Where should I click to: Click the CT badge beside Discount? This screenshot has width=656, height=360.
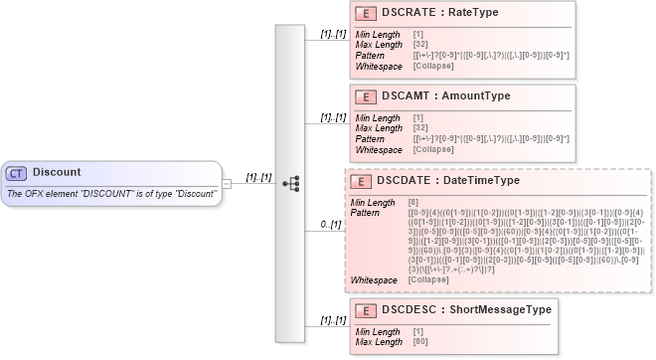(16, 173)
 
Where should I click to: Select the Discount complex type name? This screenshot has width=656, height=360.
(56, 173)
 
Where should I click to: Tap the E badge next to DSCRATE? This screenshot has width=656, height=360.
(365, 13)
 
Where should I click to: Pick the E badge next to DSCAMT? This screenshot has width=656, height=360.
(365, 95)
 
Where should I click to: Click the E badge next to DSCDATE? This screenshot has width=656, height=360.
(359, 181)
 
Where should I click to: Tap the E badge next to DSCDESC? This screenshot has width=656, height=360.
(365, 309)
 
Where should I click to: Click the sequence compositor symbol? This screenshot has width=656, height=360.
(290, 183)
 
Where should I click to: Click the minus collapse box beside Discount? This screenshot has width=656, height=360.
(228, 183)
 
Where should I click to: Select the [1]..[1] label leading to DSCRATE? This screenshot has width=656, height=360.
(333, 34)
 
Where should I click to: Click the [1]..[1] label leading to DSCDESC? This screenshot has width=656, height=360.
(333, 320)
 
